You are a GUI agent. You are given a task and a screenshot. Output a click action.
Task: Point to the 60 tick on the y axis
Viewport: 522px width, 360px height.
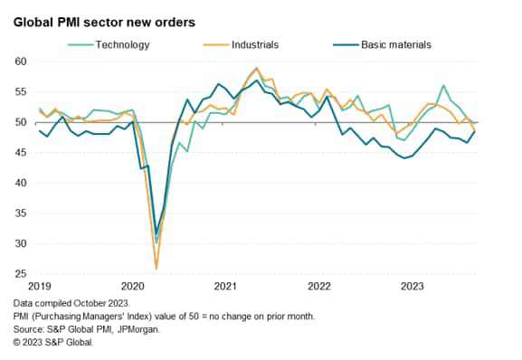(x=18, y=62)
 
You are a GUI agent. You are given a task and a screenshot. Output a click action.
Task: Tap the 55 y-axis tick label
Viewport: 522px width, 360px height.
(x=18, y=91)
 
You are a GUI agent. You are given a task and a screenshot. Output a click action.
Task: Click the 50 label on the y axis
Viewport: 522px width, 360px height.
(x=18, y=122)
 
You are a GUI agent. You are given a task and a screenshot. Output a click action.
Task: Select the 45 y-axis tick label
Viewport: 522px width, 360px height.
(x=18, y=153)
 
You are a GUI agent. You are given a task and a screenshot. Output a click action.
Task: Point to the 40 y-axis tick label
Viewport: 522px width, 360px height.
(x=18, y=183)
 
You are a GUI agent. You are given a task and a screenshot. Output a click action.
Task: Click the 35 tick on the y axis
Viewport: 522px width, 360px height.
(x=18, y=213)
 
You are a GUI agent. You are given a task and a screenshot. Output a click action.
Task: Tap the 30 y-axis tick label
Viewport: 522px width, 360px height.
(x=18, y=244)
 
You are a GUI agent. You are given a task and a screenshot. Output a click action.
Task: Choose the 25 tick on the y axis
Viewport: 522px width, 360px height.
(x=18, y=274)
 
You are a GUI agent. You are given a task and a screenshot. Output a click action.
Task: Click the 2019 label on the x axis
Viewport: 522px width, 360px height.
(x=40, y=287)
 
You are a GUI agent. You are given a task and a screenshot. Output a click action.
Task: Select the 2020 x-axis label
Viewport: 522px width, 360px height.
(x=133, y=287)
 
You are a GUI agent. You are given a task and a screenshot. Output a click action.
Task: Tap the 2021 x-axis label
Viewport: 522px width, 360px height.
(x=226, y=287)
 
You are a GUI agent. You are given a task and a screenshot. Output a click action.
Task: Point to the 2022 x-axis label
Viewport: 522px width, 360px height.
(x=319, y=287)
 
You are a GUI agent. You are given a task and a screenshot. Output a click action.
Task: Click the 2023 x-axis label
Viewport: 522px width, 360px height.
(x=413, y=287)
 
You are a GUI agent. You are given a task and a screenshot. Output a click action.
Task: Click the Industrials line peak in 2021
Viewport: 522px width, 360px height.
(x=257, y=68)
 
